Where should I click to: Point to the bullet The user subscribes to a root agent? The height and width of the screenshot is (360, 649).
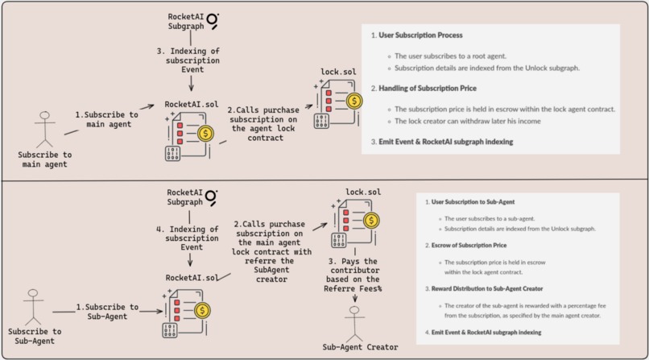[x=452, y=56]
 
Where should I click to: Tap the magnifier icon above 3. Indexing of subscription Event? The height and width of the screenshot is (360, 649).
[x=213, y=19]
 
